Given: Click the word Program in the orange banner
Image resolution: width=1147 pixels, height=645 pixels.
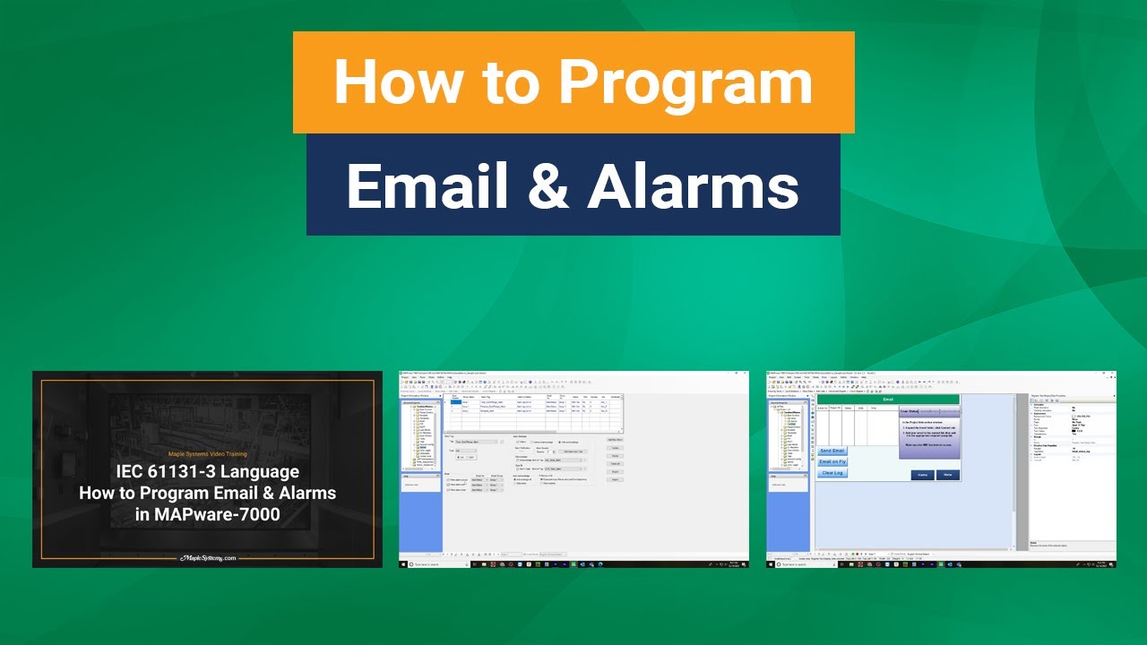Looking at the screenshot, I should coord(686,82).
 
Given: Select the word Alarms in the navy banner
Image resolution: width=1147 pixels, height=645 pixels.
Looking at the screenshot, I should coord(694,185).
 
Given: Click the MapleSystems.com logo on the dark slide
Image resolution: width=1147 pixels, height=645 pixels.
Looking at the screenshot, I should coord(207,557).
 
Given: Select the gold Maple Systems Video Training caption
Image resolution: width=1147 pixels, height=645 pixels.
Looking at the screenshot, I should coord(207,454).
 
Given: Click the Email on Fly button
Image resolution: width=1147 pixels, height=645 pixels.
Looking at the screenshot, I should coord(832,462).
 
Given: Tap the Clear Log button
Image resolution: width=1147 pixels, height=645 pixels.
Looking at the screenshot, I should coord(832,473).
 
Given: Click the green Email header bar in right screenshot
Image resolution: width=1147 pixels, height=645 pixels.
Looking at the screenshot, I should coord(887,400).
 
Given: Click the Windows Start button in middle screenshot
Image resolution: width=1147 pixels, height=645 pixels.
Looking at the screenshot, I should coord(402,564).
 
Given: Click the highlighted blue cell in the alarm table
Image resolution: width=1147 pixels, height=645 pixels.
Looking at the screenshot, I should coord(455,402).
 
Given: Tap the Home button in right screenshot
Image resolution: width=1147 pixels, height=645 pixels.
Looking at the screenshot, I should coord(947,475).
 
